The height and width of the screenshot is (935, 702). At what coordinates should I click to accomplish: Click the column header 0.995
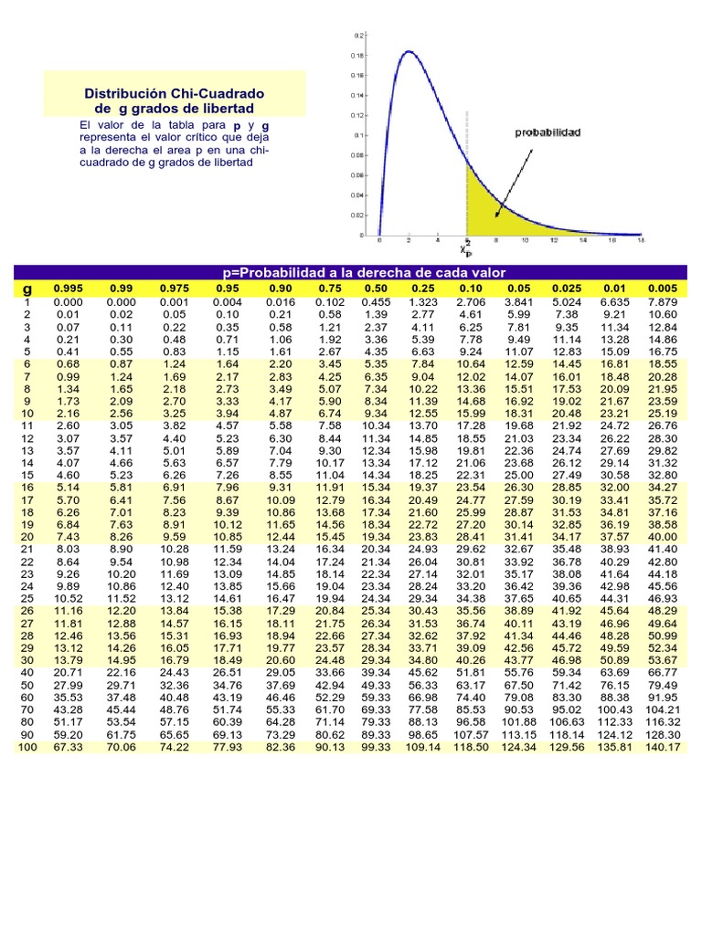68,289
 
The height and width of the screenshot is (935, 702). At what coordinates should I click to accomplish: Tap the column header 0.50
377,289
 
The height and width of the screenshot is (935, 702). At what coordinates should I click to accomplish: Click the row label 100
27,746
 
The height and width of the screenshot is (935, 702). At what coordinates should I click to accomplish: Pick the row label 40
27,671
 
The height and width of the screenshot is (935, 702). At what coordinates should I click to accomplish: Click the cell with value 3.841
519,301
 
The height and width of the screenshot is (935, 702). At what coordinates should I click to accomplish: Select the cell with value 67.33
68,746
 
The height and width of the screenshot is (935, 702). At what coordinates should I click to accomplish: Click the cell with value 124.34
519,746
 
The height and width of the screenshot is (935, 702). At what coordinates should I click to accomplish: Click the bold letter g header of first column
27,289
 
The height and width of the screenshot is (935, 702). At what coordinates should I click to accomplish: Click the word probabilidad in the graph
548,132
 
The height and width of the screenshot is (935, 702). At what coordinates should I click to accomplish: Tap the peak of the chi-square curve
409,52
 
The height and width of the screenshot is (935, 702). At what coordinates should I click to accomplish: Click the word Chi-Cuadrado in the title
218,94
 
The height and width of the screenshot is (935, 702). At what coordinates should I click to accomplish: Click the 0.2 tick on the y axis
359,36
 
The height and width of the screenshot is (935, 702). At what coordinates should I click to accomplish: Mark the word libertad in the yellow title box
227,110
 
